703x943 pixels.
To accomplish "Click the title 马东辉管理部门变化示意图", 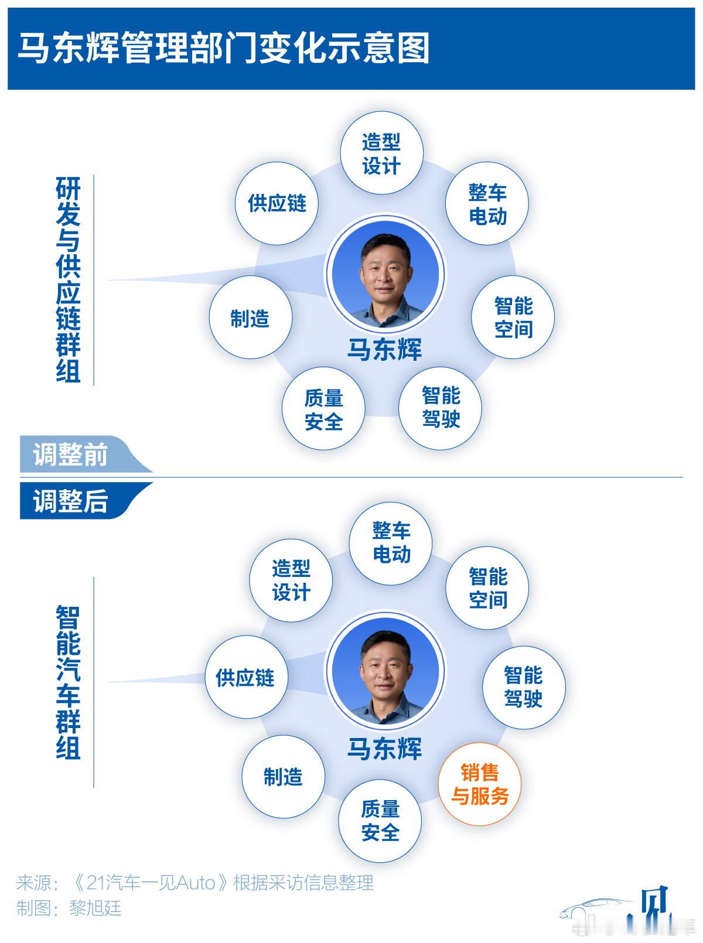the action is tap(224, 48).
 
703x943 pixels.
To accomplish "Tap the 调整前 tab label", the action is tap(70, 455).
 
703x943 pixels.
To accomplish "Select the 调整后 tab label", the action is tap(70, 501).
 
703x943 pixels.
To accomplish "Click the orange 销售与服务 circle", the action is tap(480, 785).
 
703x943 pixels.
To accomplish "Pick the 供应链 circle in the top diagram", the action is tap(277, 204).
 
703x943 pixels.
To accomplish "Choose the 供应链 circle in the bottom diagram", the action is tap(245, 678).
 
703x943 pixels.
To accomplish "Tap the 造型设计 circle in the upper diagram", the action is tap(381, 153).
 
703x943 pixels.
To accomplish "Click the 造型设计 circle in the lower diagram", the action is tap(291, 580).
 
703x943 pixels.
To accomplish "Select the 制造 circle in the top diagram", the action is tap(250, 319).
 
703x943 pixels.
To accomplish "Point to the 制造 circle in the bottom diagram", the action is tap(283, 777).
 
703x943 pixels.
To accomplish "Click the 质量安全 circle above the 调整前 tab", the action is tap(323, 410).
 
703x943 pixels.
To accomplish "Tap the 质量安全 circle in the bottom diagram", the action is tap(380, 821).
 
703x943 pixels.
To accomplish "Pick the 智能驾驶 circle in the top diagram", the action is tap(441, 408).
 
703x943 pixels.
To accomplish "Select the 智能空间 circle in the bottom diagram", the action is tap(487, 588).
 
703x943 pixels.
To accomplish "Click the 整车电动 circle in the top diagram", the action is tap(487, 204).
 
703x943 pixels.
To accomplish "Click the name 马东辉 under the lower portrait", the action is tap(385, 749).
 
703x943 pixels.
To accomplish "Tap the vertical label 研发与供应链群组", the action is tap(69, 280).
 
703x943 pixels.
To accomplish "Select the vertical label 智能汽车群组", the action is tap(69, 682).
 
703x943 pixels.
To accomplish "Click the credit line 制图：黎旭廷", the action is tap(69, 908).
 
